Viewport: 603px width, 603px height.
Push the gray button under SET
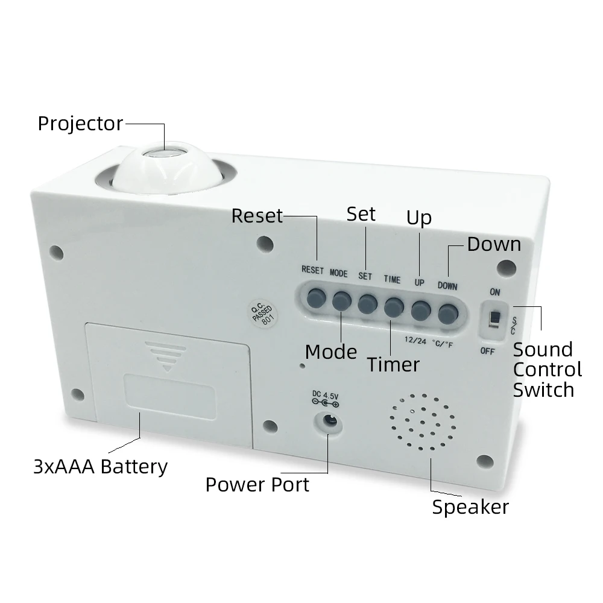[367, 302]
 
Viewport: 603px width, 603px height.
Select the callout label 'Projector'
[80, 124]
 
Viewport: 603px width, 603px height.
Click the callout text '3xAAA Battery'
[100, 466]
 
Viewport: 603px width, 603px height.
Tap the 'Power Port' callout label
[257, 484]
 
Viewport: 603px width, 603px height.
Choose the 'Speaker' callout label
[470, 507]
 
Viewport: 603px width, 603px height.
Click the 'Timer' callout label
[393, 364]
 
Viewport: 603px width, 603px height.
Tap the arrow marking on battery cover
[167, 356]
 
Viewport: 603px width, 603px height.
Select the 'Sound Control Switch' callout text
[547, 369]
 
